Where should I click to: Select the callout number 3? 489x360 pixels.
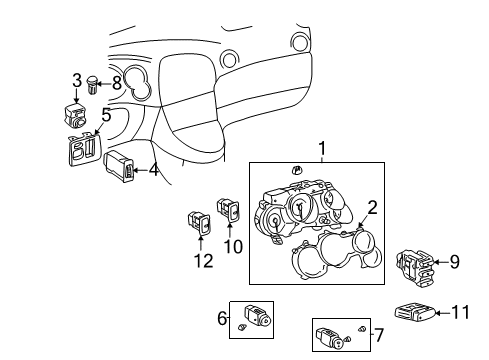(77, 81)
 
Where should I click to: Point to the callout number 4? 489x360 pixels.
(153, 170)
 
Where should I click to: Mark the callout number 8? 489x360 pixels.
(117, 84)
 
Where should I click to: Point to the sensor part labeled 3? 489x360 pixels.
(75, 116)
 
